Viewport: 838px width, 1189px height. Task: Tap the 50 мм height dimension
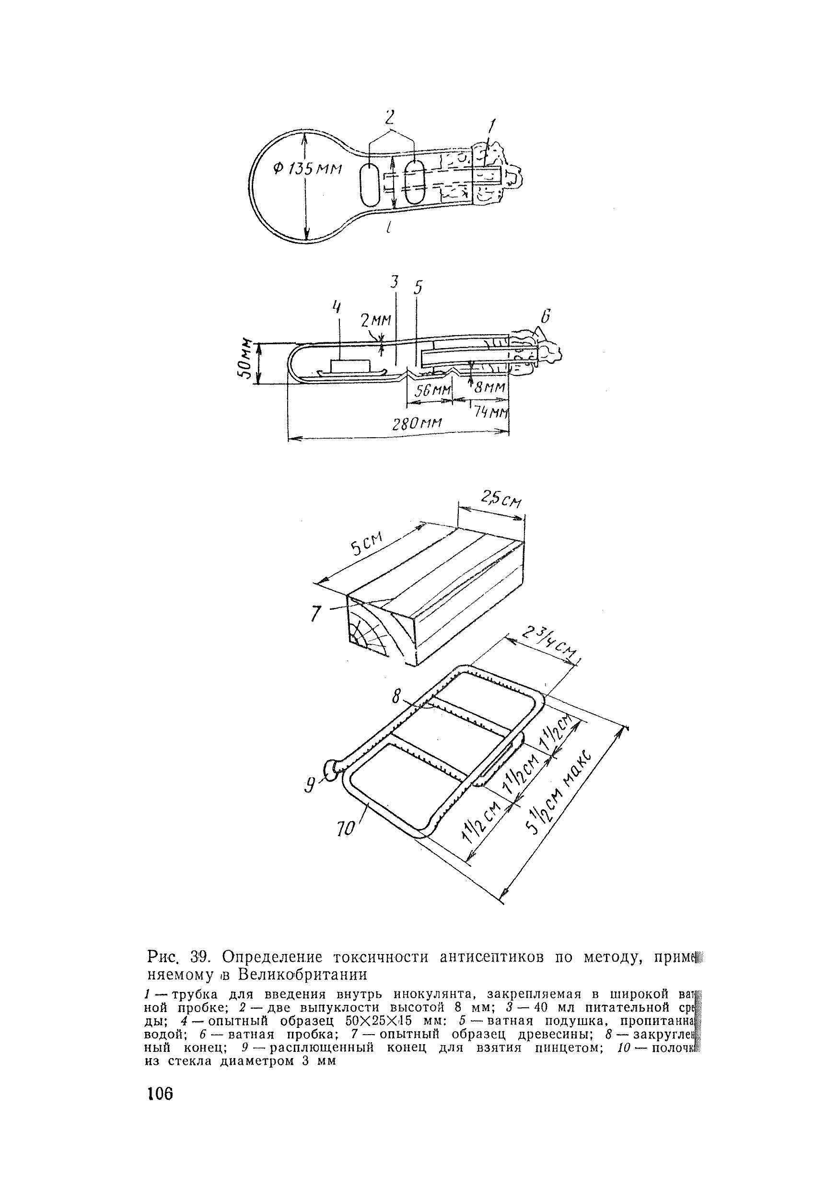coord(248,361)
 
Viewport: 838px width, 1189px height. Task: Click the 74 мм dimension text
coord(492,413)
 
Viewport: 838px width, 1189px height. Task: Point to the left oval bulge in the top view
coord(369,186)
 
